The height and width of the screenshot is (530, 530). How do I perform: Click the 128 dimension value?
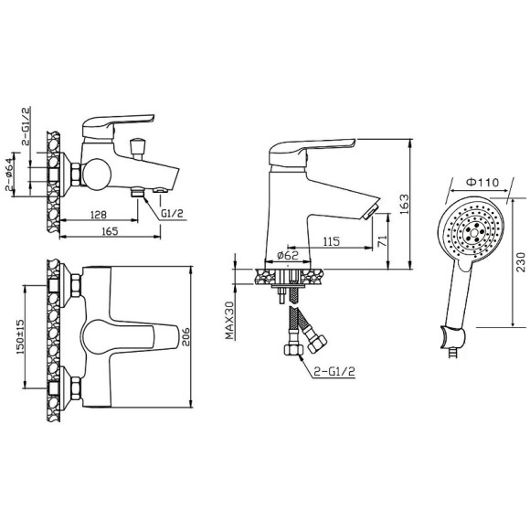(99, 215)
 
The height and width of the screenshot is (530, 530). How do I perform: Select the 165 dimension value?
(110, 231)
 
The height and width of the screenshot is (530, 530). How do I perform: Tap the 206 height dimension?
(185, 336)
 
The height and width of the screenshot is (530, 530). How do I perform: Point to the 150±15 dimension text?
(19, 336)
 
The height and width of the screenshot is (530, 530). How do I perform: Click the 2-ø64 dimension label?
(10, 175)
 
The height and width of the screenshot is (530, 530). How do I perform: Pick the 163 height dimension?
(404, 204)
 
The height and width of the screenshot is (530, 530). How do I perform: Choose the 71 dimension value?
(382, 241)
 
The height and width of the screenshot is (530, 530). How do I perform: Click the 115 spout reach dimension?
(331, 241)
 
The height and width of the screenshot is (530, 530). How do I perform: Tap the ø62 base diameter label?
(288, 255)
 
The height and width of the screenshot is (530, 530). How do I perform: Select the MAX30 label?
(230, 320)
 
